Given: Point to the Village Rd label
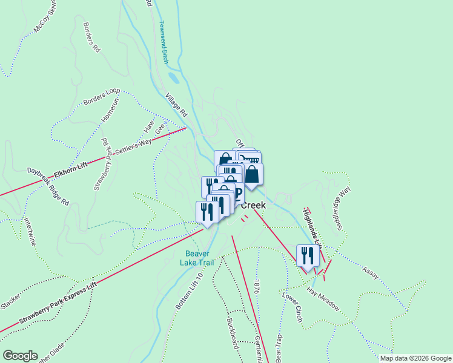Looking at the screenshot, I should (177, 105).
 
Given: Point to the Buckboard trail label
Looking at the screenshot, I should (232, 332).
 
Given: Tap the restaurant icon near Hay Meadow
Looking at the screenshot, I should (308, 255).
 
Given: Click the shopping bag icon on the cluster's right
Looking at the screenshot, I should (252, 175).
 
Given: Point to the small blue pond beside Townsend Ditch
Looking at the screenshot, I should (174, 78).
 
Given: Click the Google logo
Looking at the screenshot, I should (21, 356).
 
